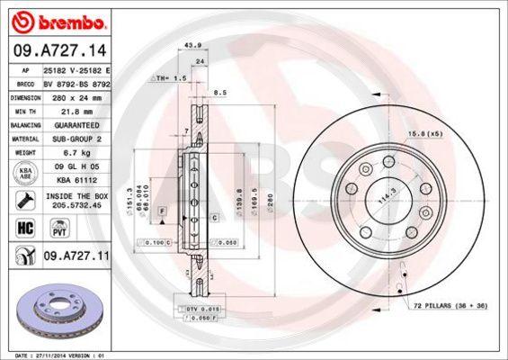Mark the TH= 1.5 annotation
pyautogui.click(x=169, y=78)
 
